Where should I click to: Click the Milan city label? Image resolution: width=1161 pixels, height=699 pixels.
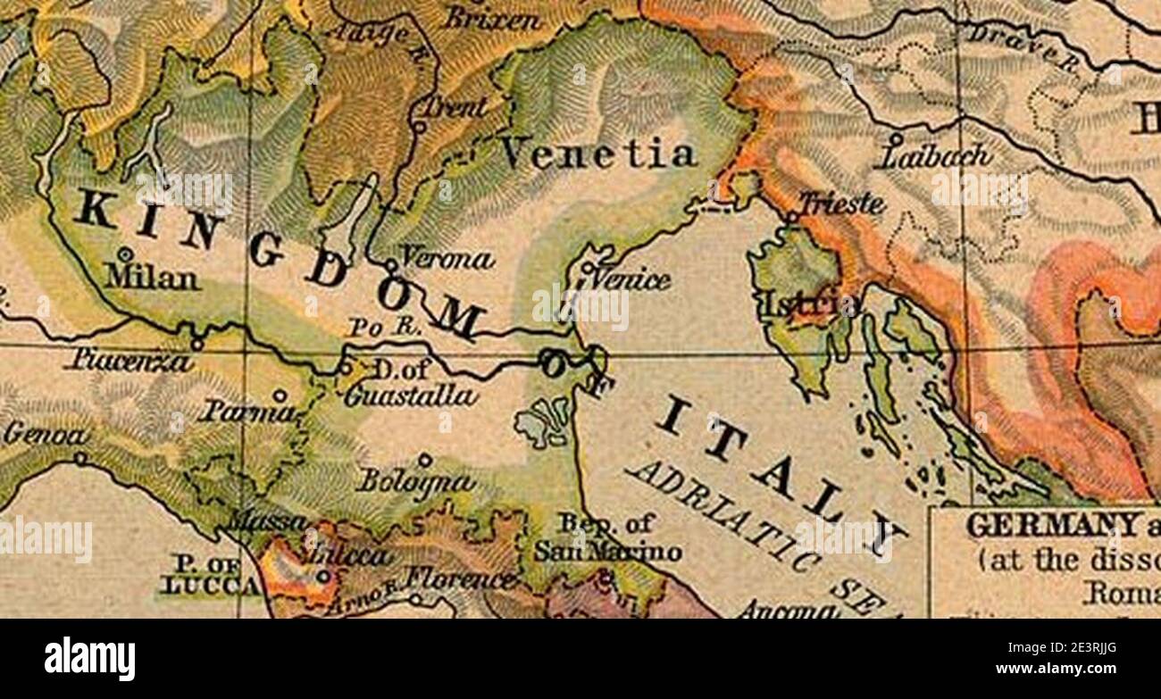[151, 278]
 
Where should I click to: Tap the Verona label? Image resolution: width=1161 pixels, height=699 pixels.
[446, 259]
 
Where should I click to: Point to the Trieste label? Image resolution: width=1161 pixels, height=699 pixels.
[841, 204]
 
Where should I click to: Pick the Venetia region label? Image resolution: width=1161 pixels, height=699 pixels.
[597, 154]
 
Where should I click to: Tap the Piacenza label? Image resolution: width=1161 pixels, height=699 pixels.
[130, 362]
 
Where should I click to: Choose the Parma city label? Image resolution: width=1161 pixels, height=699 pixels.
[246, 412]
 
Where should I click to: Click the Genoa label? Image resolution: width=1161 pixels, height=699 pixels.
[46, 435]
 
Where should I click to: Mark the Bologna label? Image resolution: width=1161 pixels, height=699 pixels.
[414, 482]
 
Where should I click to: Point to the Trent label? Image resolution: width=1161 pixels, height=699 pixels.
[455, 107]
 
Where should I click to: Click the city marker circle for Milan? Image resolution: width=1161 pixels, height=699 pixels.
[125, 254]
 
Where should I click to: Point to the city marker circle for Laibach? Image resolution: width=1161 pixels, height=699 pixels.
[895, 139]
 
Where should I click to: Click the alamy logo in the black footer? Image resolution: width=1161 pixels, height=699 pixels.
[89, 659]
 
